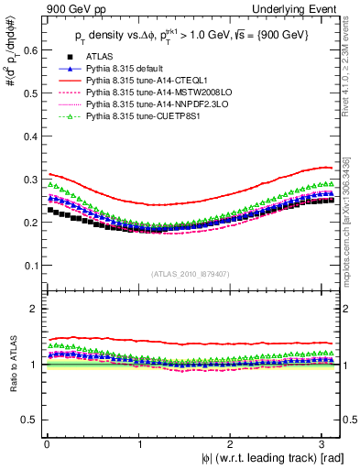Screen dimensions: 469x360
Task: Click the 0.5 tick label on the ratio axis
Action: coord(29,420)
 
